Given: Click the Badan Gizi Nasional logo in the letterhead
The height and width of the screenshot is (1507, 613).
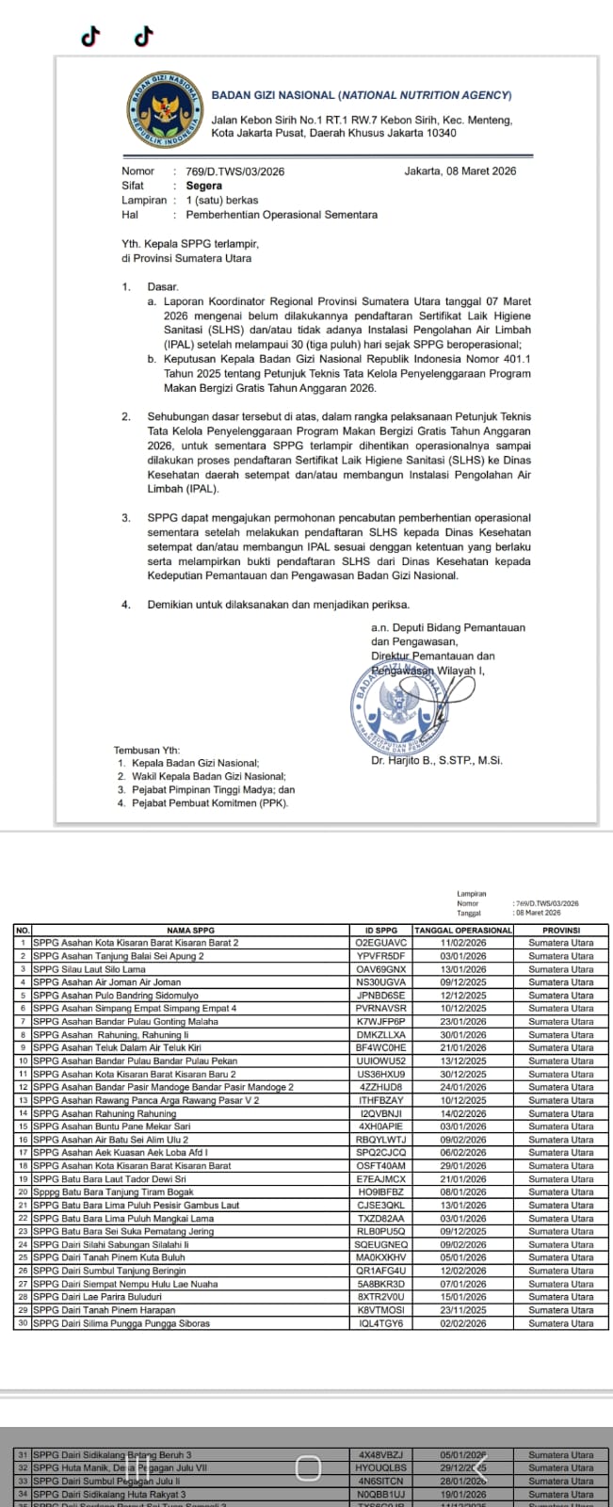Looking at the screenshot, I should coord(164,107).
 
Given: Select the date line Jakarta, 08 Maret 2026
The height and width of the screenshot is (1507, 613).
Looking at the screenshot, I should coord(460,171).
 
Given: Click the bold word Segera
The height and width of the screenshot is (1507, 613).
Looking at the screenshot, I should coord(204,186).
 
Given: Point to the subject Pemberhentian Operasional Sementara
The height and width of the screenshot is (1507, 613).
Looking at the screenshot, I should coord(282,215).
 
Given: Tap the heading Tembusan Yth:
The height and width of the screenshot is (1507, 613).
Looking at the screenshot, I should coord(147,750).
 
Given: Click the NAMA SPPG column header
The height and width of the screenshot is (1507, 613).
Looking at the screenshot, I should coord(191,930).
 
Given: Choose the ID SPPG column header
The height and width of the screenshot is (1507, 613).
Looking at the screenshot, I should coord(381,930).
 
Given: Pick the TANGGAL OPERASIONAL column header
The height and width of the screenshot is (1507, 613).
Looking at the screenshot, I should coord(463,930).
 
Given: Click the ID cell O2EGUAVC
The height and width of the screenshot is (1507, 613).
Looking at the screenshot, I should coord(381,942).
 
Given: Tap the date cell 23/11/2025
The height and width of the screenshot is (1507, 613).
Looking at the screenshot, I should coord(463,1310).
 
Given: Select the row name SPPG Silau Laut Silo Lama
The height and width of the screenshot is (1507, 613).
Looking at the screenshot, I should coord(89,968).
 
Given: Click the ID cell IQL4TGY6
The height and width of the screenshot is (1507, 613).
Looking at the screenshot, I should coord(381,1323).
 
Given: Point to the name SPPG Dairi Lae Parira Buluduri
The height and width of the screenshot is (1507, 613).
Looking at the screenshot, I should coord(97,1297).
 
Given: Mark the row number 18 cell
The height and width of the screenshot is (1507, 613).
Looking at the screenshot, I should coord(23,1165).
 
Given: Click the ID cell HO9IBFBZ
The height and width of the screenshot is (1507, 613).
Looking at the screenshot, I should coord(381,1191).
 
